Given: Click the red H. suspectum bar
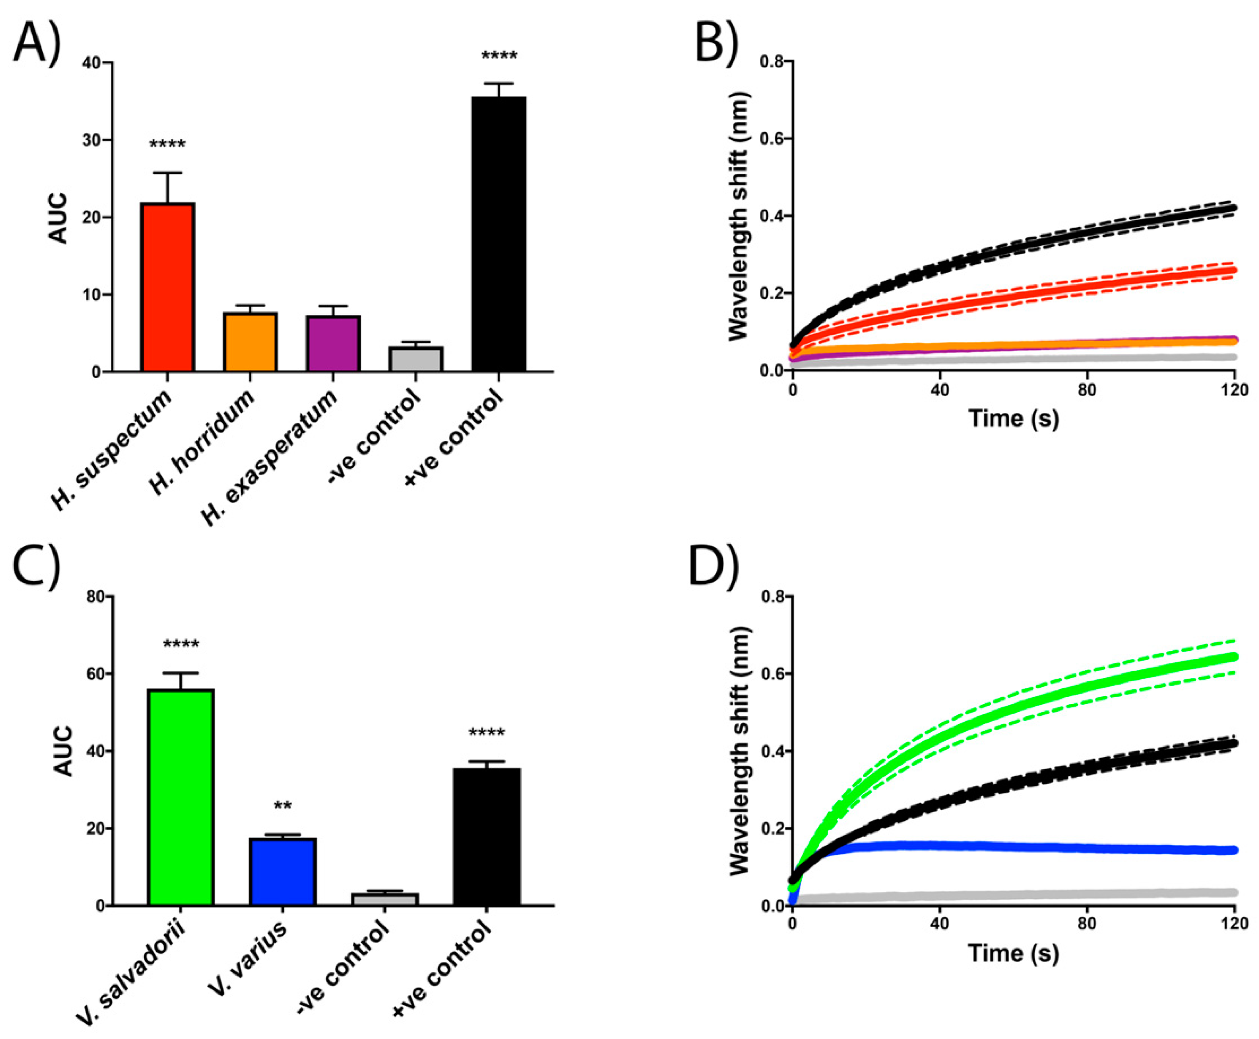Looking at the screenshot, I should click(x=167, y=287).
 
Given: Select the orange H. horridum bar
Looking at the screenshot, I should click(x=250, y=342).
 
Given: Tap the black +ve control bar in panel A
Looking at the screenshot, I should click(x=498, y=233).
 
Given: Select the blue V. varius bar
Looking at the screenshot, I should click(x=282, y=871).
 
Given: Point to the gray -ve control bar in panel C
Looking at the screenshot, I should click(x=384, y=899).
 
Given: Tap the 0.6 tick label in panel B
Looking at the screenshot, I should click(x=772, y=139).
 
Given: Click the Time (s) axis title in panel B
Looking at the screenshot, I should click(x=1013, y=418).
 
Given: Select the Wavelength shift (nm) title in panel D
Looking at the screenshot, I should click(x=740, y=752).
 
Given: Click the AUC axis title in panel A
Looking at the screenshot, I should click(x=58, y=218).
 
